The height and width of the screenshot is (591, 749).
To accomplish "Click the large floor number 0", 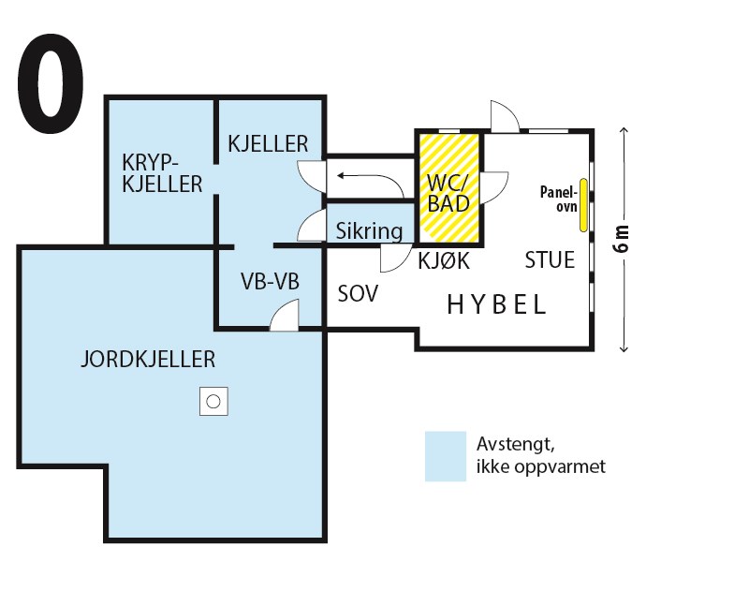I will point(50,86).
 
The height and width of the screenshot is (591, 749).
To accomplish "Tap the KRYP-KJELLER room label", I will point(161,172).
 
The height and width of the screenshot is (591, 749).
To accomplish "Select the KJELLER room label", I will point(268,143).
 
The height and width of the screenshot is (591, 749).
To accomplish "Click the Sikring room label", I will point(370,230).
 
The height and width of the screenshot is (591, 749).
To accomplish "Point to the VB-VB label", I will point(269,282).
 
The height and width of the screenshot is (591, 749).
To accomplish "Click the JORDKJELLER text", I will point(148,359).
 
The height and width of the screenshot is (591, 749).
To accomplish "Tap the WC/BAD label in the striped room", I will point(448,192).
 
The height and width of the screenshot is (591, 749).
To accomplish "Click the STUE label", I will point(550,259).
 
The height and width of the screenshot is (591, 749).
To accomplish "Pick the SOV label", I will point(357,294).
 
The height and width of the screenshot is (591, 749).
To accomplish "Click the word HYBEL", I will point(496,305).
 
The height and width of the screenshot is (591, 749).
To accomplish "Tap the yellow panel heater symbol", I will point(582,204).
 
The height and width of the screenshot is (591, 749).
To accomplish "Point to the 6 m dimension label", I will point(623,241).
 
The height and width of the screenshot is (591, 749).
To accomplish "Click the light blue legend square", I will point(445,455).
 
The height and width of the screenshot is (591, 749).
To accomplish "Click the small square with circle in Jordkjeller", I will point(213,402).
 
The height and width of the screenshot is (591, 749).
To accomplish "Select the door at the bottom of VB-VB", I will point(285,316).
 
